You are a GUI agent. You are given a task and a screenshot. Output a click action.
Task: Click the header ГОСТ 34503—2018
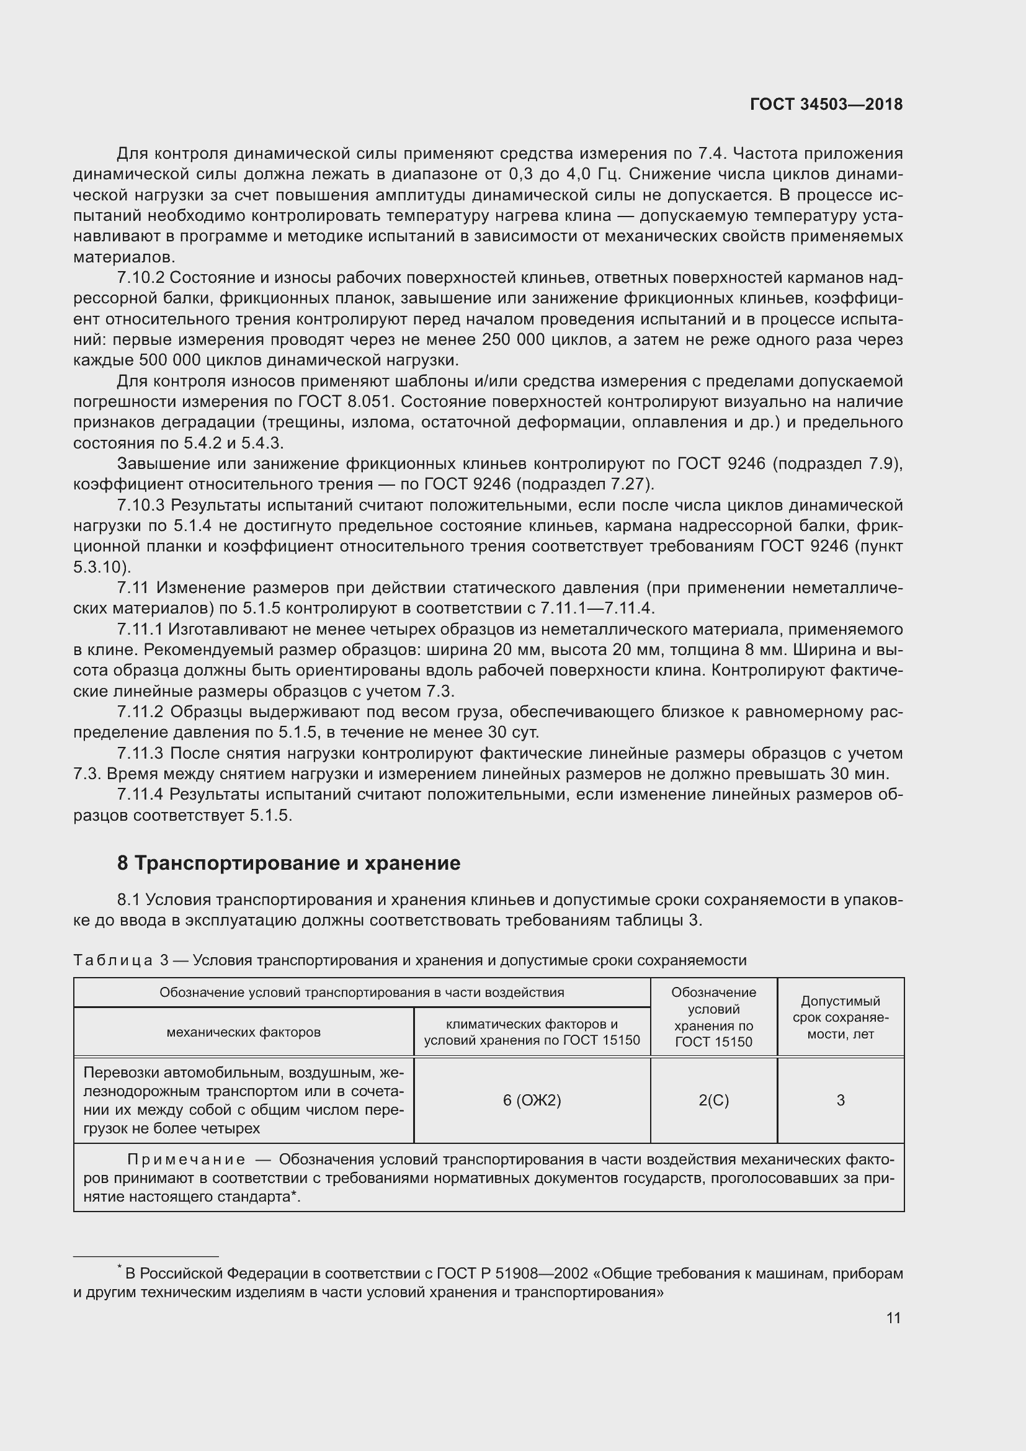point(826,105)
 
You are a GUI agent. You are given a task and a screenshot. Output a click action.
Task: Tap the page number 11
point(893,1318)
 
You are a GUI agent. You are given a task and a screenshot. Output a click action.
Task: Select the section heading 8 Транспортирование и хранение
point(288,863)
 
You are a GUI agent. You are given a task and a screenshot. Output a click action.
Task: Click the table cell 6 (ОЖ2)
point(532,1101)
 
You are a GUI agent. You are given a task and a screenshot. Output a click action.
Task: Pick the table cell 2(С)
point(713,1101)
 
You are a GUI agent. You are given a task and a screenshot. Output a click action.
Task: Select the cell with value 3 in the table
point(841,1101)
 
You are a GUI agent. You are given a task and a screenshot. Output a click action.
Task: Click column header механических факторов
point(243,1032)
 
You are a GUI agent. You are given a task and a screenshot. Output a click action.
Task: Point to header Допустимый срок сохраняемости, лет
point(841,1017)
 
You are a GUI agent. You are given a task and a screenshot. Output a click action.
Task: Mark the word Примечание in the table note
point(186,1159)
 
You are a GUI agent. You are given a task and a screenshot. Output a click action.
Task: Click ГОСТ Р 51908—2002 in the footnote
point(512,1274)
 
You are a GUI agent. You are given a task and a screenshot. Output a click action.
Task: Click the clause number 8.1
point(131,900)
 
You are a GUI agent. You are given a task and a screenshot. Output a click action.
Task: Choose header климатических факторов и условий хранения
point(532,1032)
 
